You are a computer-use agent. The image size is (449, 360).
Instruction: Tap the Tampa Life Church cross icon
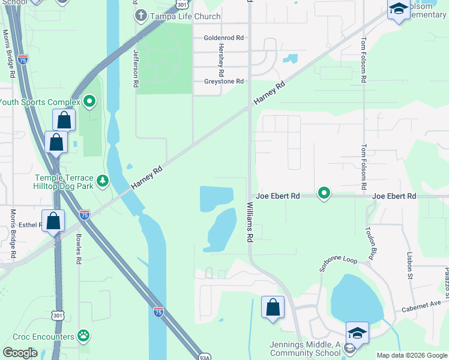140,15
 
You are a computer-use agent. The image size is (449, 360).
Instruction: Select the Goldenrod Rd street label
223,37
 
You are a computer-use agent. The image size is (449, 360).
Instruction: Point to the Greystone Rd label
223,81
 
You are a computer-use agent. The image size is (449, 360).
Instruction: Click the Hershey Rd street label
221,55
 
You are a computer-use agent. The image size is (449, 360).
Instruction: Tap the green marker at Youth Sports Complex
89,101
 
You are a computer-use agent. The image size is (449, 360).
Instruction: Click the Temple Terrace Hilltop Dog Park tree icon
103,180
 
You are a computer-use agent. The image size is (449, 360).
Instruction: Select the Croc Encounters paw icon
83,337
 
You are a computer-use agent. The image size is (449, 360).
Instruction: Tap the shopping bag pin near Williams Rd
273,308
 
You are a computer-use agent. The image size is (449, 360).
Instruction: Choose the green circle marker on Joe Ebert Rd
324,193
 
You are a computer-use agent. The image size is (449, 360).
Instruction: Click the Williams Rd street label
250,222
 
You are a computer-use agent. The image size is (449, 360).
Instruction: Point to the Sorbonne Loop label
338,264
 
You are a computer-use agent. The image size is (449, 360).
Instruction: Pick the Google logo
20,353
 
